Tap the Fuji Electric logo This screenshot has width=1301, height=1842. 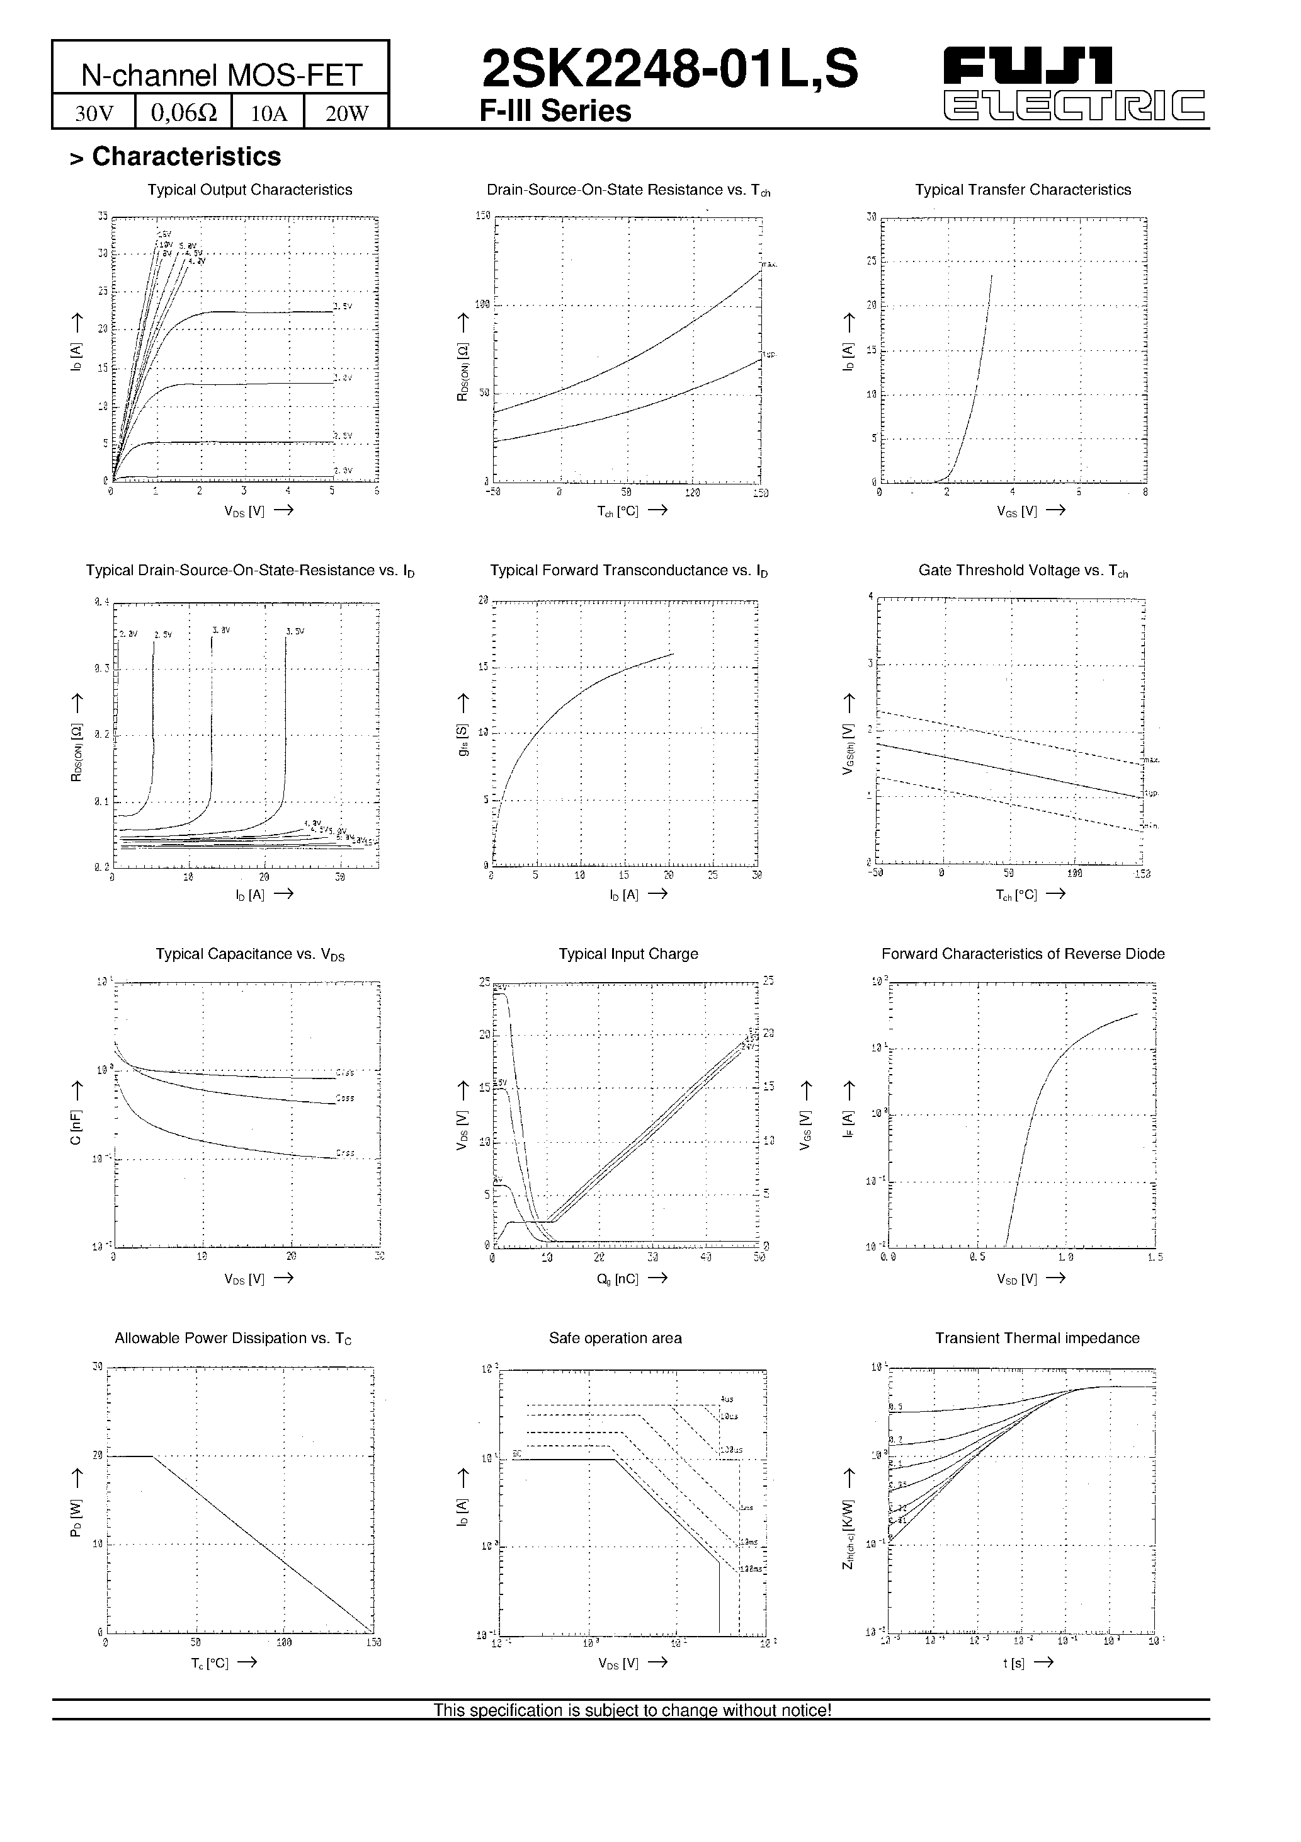1074,84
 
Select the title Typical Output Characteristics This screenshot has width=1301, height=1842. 249,190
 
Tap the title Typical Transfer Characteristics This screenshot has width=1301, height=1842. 1023,190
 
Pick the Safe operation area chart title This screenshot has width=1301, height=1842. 615,1338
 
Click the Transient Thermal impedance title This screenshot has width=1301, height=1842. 1037,1338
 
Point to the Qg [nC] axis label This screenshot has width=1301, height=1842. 618,1279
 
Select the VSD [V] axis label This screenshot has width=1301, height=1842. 1017,1279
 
